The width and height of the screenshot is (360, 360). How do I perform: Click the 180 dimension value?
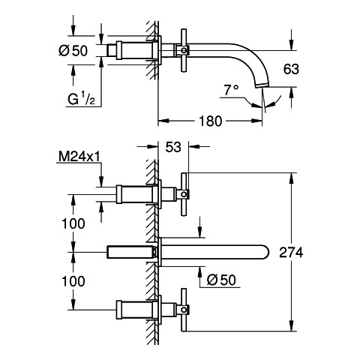tap(210, 121)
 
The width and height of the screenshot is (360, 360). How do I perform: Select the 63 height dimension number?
tap(291, 69)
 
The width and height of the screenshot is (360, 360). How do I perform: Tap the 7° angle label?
tap(231, 90)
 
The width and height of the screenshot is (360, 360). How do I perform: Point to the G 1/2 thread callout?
tap(81, 99)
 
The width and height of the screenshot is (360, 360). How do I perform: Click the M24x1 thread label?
tap(79, 157)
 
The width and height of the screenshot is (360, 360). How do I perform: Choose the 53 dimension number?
tap(173, 147)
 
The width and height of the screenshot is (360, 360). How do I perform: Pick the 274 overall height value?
tap(291, 252)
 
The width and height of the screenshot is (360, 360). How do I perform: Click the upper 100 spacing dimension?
tap(73, 223)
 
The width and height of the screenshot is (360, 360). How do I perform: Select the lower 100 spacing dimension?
tap(73, 281)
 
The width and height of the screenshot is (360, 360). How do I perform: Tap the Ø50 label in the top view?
tap(73, 51)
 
